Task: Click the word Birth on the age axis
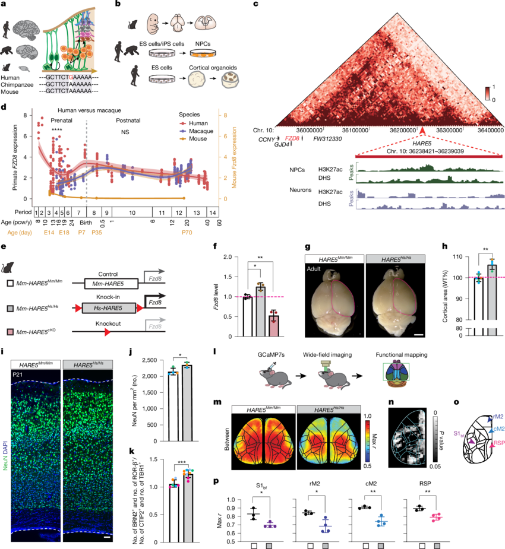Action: click(87, 223)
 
